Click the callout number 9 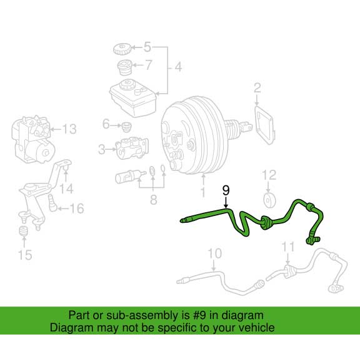click(226, 189)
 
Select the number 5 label click(147, 46)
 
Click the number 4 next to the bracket click(177, 67)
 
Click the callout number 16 click(76, 208)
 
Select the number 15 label click(24, 254)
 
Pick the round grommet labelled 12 click(269, 200)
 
